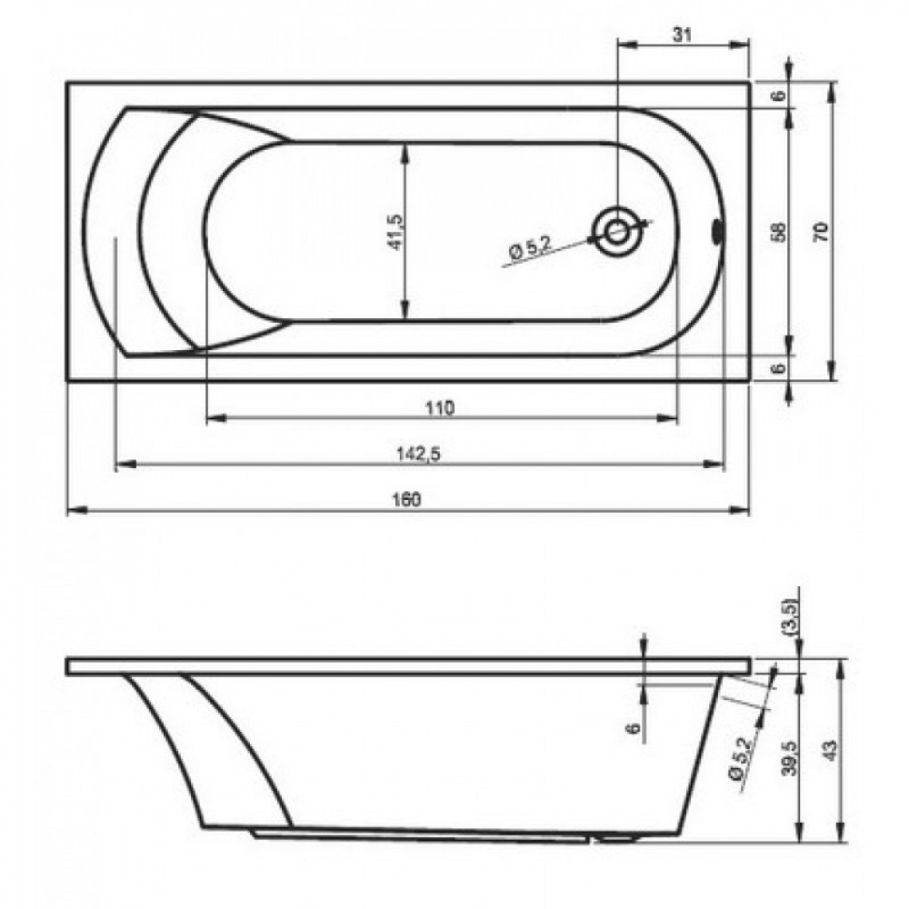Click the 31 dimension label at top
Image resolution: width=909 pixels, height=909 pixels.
(x=683, y=35)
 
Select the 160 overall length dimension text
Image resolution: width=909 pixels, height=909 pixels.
(x=408, y=498)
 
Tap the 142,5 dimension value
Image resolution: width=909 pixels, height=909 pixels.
(x=418, y=453)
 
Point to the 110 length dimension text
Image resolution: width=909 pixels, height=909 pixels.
(x=441, y=407)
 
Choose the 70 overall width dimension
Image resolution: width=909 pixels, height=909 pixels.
(x=821, y=232)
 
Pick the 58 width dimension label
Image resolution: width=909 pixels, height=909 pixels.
(x=780, y=232)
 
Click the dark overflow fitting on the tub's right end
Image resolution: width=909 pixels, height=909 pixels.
(x=717, y=231)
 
